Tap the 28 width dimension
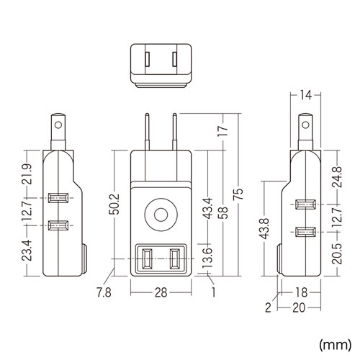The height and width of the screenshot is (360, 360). tap(161, 292)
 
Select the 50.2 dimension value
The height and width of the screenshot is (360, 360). tap(114, 204)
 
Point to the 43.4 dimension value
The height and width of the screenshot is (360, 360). tap(207, 208)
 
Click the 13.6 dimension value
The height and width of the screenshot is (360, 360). tap(207, 258)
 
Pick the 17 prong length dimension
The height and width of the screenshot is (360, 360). tap(223, 131)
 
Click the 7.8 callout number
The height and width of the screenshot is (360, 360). tap(104, 293)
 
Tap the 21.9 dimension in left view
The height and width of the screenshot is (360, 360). tap(27, 174)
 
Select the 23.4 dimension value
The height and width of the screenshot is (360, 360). tap(27, 251)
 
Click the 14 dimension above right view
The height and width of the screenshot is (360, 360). tap(305, 95)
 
